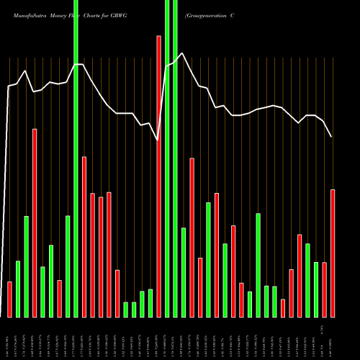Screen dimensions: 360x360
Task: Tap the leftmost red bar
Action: pos(9,299)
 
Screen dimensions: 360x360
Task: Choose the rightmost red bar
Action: pos(333,253)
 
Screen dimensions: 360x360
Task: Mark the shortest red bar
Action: pos(283,308)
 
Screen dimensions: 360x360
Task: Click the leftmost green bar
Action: pos(18,289)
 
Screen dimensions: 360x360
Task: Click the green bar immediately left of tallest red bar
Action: pos(150,303)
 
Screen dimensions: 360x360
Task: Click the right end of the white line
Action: pos(331,137)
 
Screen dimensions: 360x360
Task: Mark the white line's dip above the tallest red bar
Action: pos(158,140)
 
